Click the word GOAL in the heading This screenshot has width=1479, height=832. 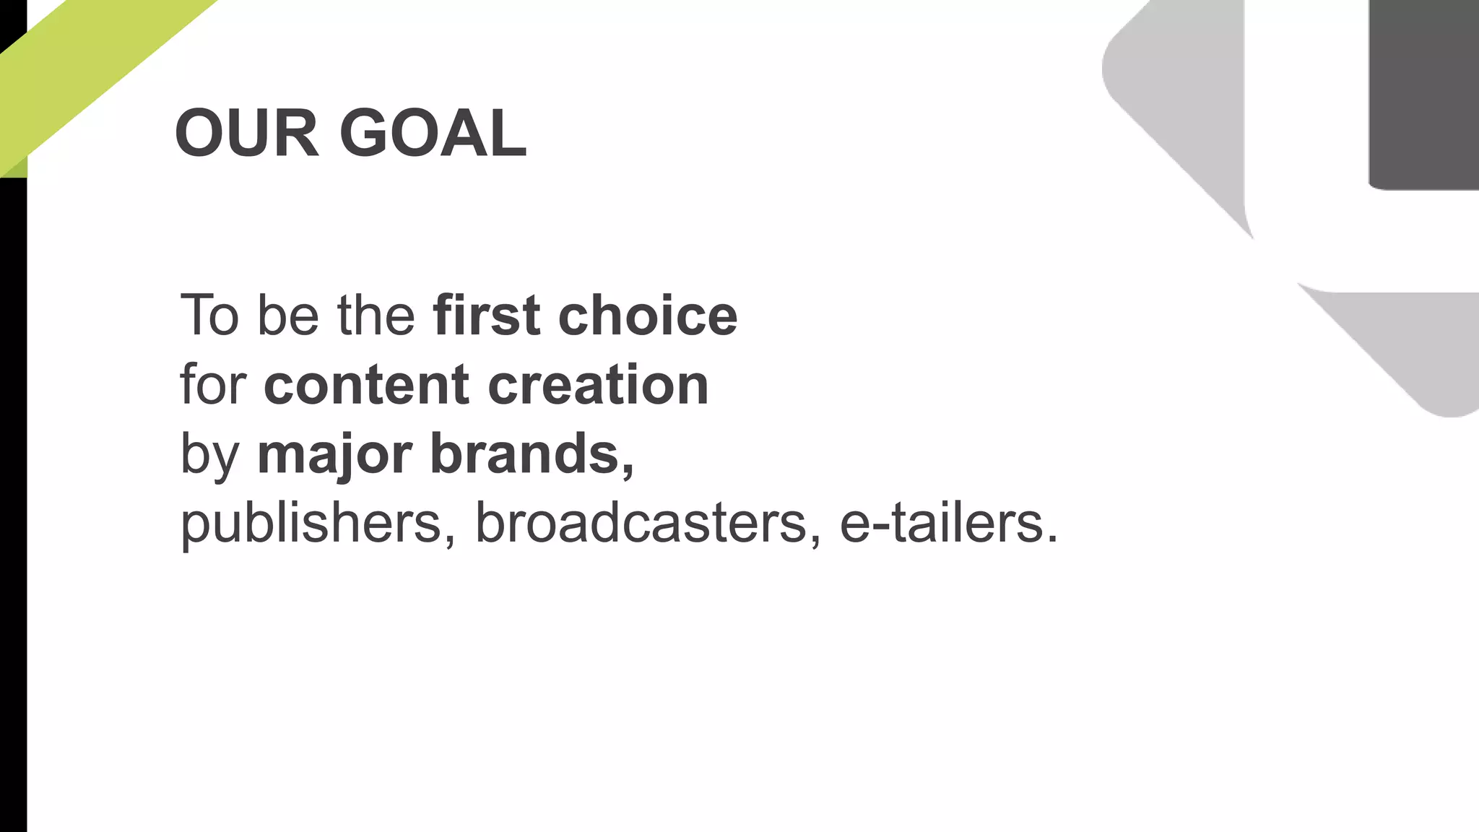tap(433, 133)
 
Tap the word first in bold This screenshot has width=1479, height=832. tap(486, 316)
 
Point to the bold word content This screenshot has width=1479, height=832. tap(367, 385)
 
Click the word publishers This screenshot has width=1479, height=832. tap(311, 523)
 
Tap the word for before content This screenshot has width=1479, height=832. tap(213, 385)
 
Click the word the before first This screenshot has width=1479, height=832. tap(376, 316)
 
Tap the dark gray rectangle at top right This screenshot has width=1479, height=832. tap(1423, 94)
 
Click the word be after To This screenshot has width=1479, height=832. tap(287, 316)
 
